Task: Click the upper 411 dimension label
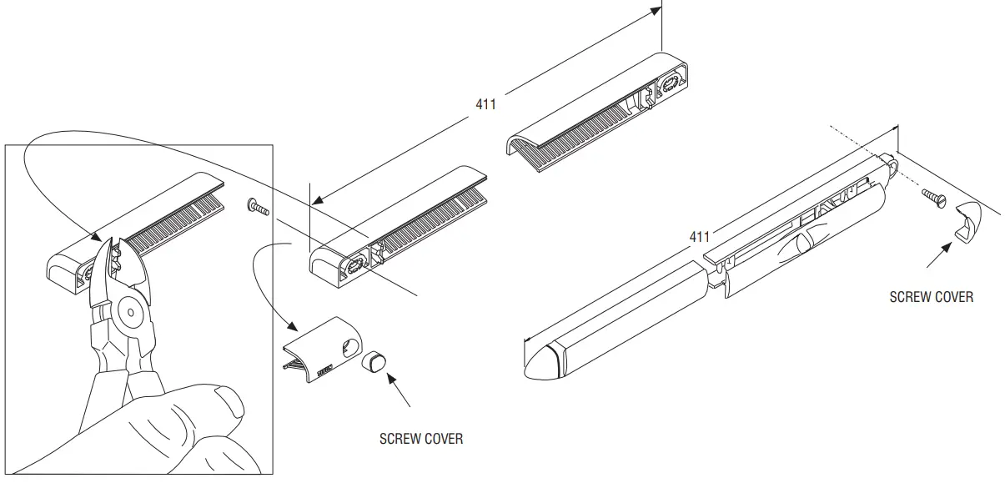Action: pos(485,104)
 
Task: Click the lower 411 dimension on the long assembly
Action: pos(699,237)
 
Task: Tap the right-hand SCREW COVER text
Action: pos(931,296)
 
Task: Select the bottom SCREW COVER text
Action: pos(420,438)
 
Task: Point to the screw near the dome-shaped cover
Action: pos(932,198)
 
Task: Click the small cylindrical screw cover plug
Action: pos(373,361)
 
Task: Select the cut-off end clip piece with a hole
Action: pos(322,348)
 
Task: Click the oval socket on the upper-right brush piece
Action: pos(670,84)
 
